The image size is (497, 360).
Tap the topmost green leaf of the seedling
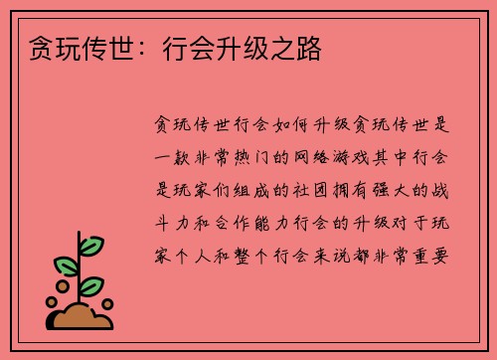pos(91,245)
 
